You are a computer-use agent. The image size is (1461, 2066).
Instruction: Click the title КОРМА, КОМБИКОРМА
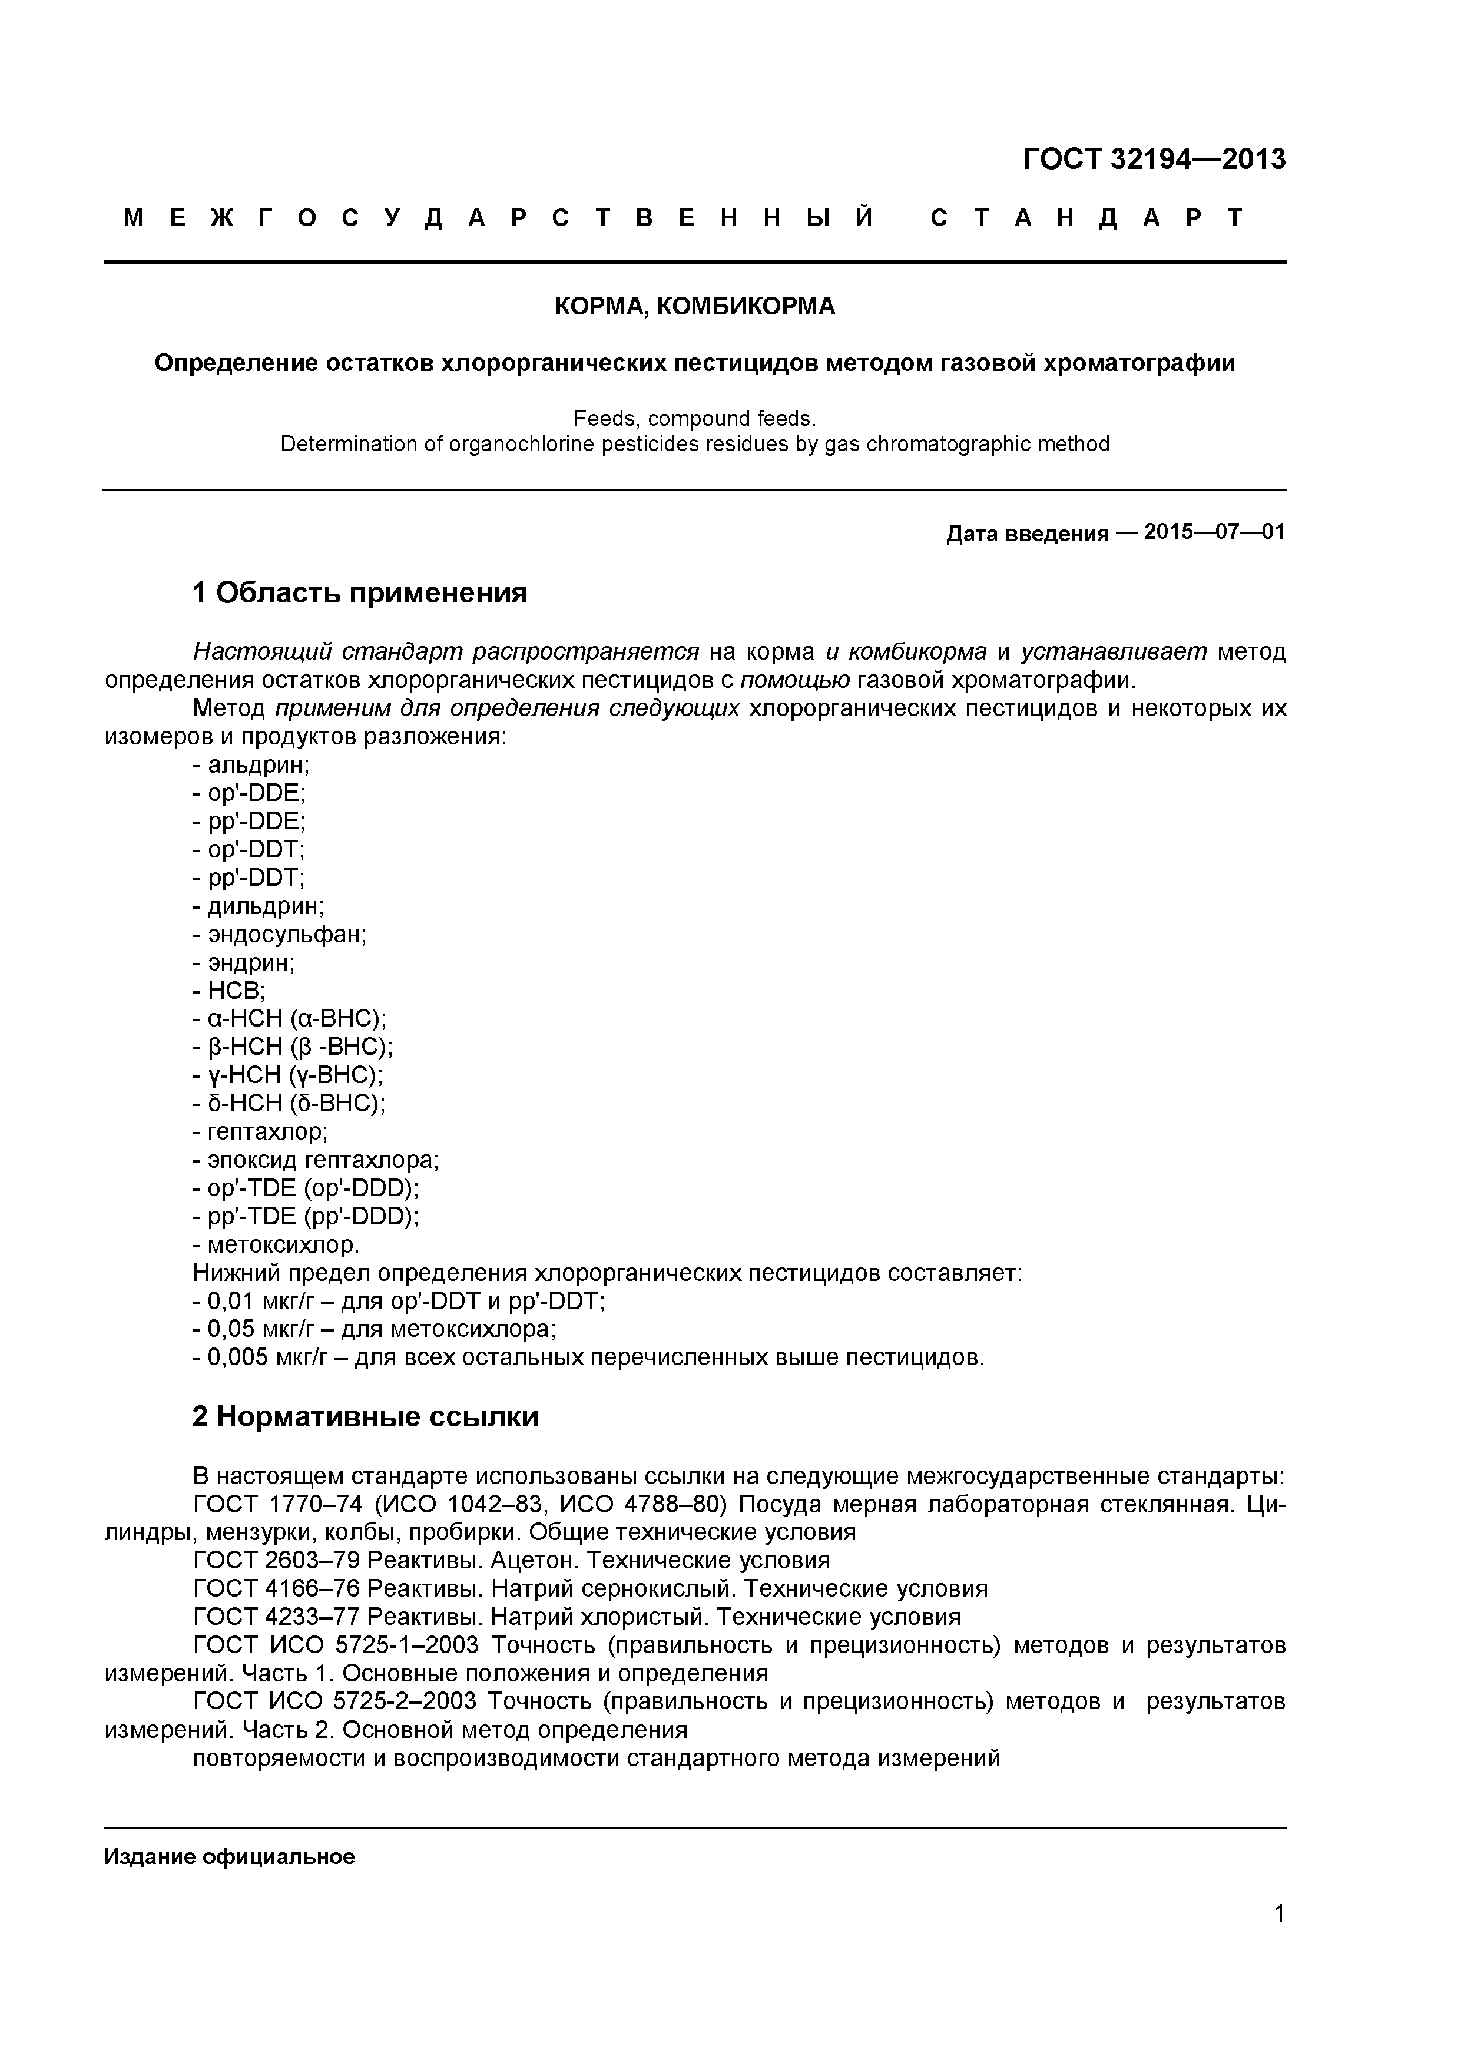694,307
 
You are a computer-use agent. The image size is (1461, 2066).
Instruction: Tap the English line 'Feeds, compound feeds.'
694,418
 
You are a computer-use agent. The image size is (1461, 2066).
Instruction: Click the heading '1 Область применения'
360,593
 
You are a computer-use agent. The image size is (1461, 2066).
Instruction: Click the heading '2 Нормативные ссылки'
365,1417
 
